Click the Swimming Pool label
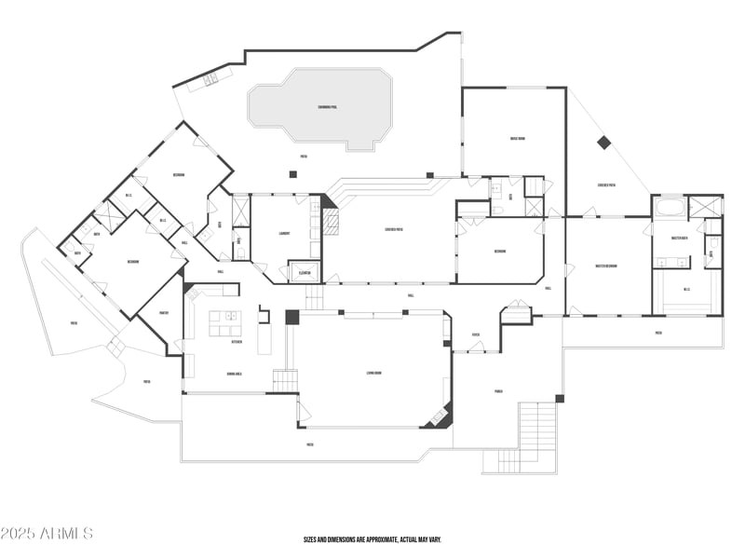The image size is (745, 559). tap(327, 107)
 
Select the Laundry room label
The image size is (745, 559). tap(284, 234)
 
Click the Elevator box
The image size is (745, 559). tap(305, 273)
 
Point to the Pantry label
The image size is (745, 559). tap(163, 313)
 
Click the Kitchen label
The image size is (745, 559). tap(237, 342)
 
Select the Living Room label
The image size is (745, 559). tap(374, 374)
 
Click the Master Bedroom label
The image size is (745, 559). tap(607, 266)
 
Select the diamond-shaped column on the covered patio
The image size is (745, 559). tap(603, 143)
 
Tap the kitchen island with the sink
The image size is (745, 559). tap(223, 321)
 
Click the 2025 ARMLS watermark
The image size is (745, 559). tap(47, 533)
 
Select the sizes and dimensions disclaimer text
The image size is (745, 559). tap(372, 539)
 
